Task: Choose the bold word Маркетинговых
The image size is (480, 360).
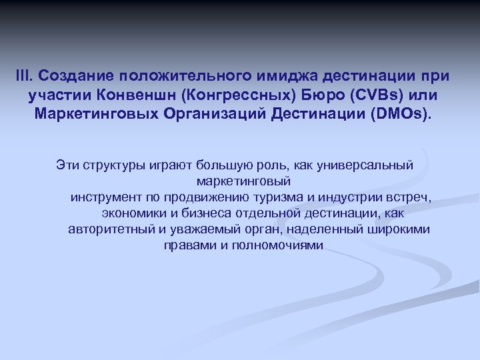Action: [107, 111]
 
